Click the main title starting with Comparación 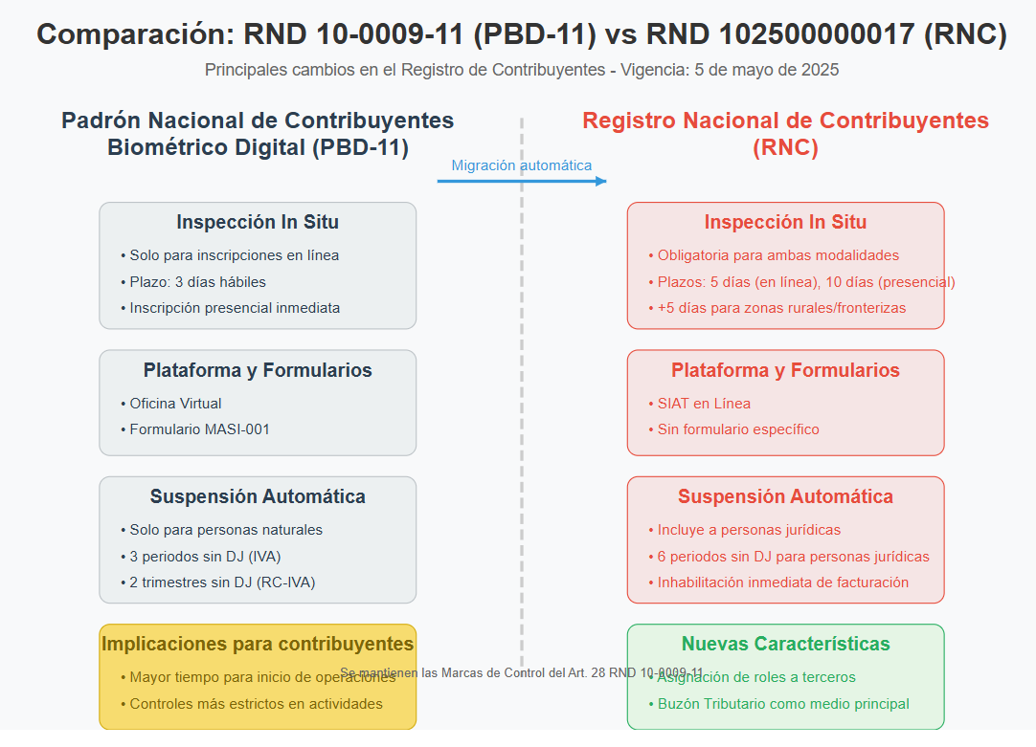(x=521, y=34)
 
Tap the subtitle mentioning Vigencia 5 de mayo (x=521, y=70)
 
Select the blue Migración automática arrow (x=521, y=181)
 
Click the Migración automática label (x=521, y=165)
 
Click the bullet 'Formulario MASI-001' (x=199, y=429)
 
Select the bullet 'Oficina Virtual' (x=175, y=404)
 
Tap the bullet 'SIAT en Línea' (x=704, y=404)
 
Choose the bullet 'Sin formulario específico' (x=737, y=429)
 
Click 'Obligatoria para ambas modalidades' (x=777, y=255)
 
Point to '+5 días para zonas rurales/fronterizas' (x=781, y=308)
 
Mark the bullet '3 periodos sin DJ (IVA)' (x=205, y=557)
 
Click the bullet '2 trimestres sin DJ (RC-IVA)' (x=222, y=582)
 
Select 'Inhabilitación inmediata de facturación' (x=782, y=582)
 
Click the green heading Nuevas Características (x=785, y=644)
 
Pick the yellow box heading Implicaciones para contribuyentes (x=258, y=644)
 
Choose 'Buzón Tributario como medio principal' (x=783, y=704)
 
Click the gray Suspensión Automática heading (x=258, y=496)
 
